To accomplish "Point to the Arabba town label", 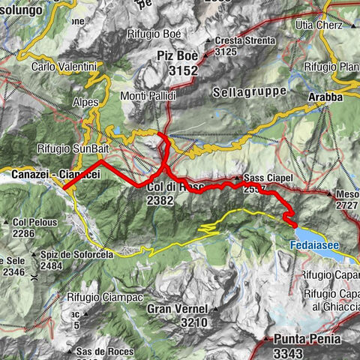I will pos(325,96).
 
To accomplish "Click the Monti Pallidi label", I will pos(148,96).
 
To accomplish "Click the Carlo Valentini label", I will pos(65,67).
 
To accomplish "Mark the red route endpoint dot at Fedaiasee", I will pos(294,224).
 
